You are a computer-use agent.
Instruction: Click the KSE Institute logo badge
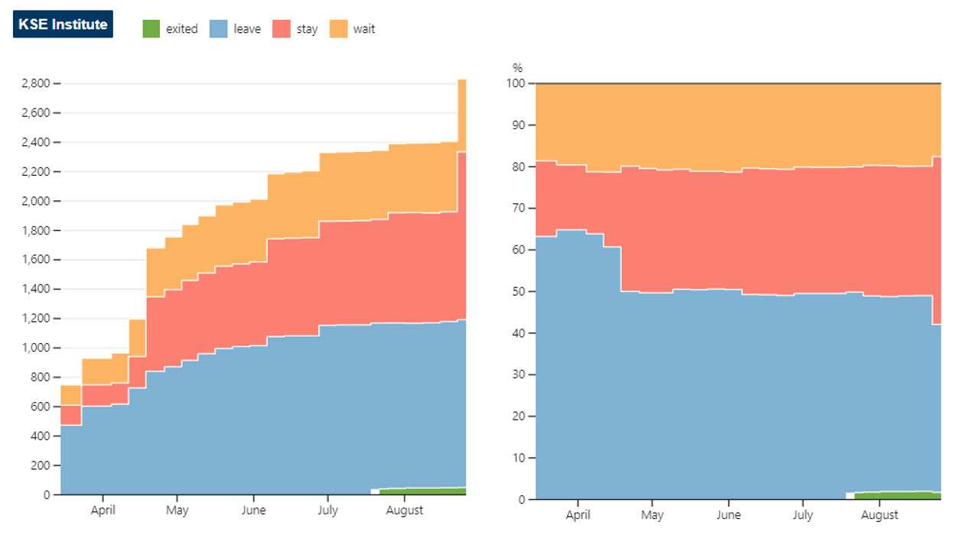[x=63, y=24]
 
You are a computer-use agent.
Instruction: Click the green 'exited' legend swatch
[x=151, y=28]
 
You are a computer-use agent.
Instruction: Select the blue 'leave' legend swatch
[x=219, y=28]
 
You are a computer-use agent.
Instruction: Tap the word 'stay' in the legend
[x=307, y=29]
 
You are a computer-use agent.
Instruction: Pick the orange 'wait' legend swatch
[x=339, y=28]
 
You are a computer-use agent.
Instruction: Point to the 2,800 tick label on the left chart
[x=36, y=83]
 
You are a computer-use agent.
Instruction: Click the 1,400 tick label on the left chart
[x=36, y=289]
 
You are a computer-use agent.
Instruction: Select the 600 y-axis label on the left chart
[x=41, y=407]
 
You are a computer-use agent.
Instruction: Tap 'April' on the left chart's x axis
[x=102, y=511]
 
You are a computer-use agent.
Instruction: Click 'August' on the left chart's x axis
[x=405, y=511]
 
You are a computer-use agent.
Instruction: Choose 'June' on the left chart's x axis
[x=253, y=511]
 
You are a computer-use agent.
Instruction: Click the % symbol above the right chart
[x=518, y=68]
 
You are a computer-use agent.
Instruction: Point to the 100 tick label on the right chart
[x=515, y=83]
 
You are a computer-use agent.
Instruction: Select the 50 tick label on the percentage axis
[x=519, y=291]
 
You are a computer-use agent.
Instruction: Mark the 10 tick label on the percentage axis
[x=519, y=458]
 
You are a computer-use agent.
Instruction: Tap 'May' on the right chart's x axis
[x=652, y=515]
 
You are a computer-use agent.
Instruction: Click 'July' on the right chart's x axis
[x=803, y=515]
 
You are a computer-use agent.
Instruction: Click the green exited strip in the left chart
[x=422, y=491]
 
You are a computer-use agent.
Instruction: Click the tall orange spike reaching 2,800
[x=462, y=115]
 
